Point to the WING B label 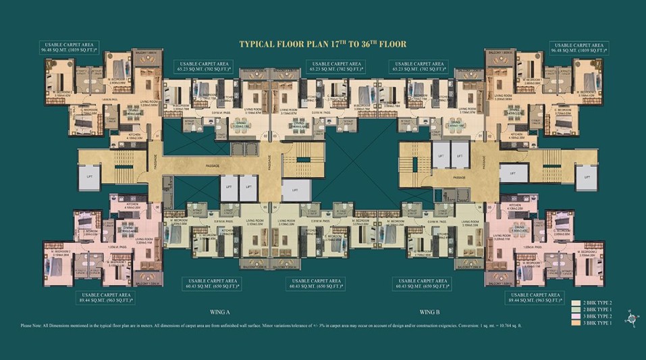point(430,312)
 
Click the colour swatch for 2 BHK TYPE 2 point(575,303)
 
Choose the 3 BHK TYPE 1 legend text point(600,324)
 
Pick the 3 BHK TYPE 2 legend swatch point(575,317)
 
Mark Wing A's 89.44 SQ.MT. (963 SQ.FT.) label point(107,299)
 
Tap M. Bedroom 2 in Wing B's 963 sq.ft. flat point(587,255)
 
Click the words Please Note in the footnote point(34,326)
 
